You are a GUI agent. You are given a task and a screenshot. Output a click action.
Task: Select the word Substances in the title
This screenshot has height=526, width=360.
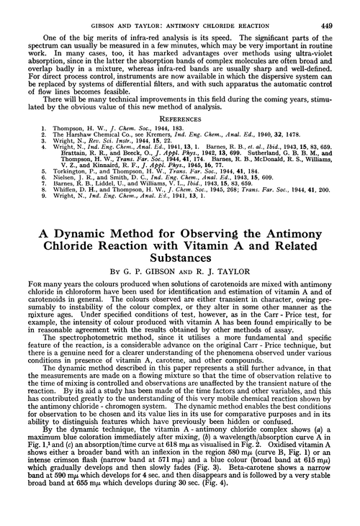point(180,282)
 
